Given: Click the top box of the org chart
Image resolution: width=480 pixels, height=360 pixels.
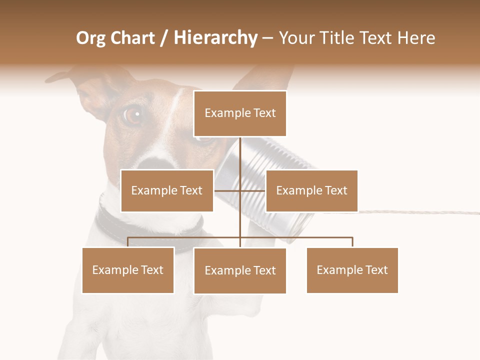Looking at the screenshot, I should [240, 113].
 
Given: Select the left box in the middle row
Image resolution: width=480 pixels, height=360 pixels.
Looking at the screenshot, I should [167, 190].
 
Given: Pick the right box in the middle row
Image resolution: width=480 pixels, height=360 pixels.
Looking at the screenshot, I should [311, 190].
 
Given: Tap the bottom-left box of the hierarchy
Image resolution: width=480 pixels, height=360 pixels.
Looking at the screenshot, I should [128, 270].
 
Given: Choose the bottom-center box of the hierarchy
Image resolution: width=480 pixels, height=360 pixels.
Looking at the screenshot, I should [240, 270].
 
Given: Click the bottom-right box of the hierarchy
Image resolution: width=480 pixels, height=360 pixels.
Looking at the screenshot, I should [352, 270].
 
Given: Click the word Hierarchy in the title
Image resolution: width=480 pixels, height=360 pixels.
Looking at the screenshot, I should [215, 38].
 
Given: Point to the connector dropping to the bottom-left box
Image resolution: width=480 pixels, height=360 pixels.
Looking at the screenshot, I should [128, 242].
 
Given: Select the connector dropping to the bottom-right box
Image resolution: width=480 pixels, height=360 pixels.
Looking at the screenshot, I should [352, 242].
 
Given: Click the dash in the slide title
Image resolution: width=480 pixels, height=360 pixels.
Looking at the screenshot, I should [267, 38].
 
